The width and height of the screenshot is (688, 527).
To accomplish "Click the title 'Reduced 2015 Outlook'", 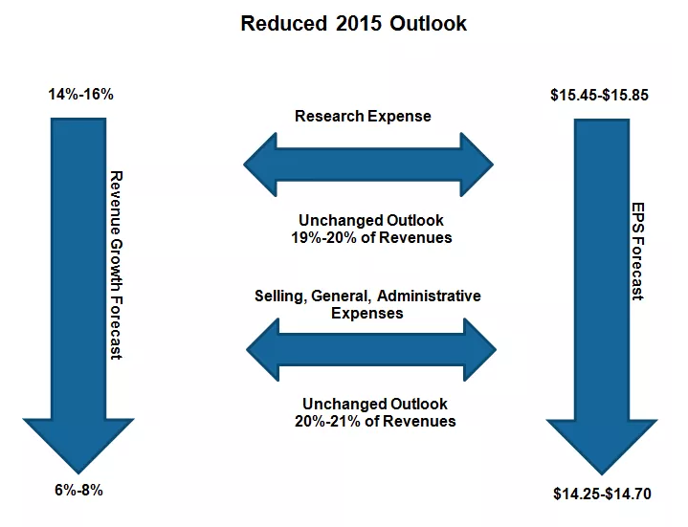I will pos(353,23).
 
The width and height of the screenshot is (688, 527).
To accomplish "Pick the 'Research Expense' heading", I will pos(363,117).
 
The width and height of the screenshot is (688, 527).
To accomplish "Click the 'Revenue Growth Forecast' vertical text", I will pos(116,265).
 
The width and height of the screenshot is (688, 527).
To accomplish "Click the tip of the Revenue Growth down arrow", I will pos(78,471).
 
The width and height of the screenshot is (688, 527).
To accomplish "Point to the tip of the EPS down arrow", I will pos(602,472).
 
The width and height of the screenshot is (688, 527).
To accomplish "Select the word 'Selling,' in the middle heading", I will pos(279,296).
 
